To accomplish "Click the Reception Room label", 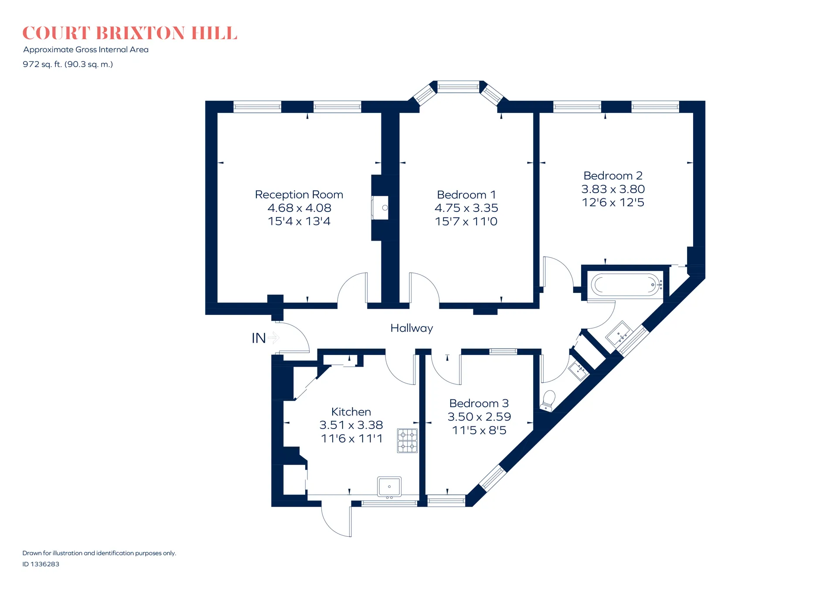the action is click(299, 194).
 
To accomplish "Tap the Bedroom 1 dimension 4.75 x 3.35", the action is click(466, 208).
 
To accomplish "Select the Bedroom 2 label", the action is click(613, 176).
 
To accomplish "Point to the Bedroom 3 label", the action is click(479, 403).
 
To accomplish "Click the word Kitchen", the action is click(351, 412).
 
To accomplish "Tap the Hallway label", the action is click(412, 328).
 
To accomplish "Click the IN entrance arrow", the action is click(273, 338).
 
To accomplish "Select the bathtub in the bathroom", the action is click(625, 285).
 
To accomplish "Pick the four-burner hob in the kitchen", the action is click(407, 441).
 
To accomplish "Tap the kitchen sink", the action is click(389, 487).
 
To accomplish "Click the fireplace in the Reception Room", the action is click(380, 208).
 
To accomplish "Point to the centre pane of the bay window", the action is click(458, 87).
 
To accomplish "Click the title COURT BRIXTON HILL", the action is click(129, 33).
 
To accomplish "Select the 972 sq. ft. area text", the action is click(68, 65).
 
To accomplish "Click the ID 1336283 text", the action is click(41, 564).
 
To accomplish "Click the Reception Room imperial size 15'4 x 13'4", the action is click(299, 221).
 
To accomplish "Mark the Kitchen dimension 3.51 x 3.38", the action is click(351, 425).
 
